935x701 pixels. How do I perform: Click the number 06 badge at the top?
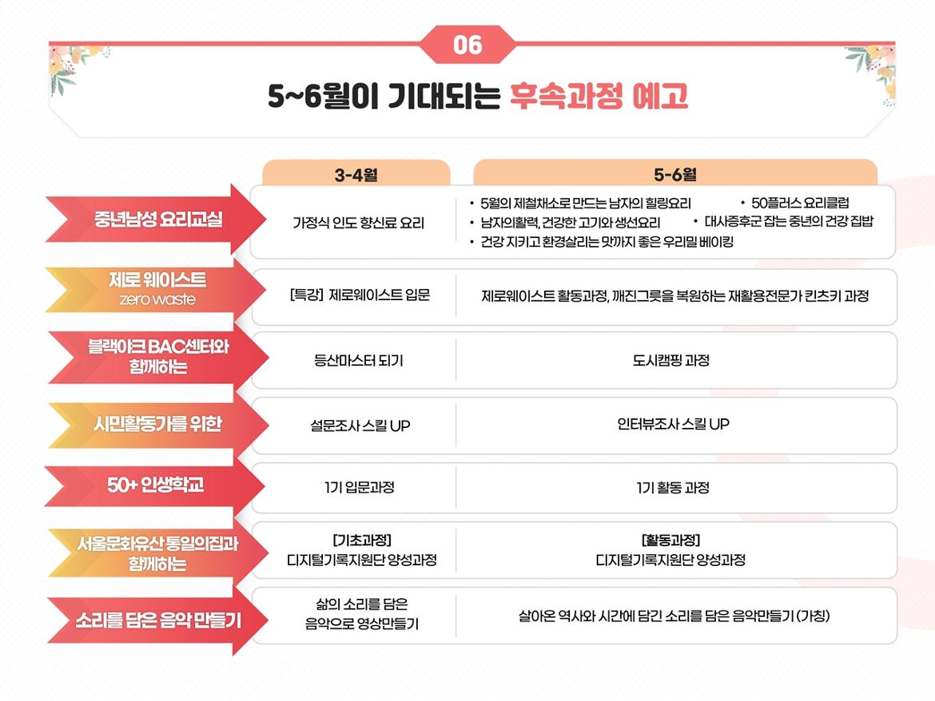(467, 45)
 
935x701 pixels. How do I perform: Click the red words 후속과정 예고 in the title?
(599, 96)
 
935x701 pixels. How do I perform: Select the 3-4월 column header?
(356, 175)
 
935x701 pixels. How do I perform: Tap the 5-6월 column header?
(675, 175)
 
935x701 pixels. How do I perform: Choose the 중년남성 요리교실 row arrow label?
(156, 220)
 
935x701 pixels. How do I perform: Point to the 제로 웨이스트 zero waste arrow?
(156, 290)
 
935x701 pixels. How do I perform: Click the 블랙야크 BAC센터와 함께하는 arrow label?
(158, 357)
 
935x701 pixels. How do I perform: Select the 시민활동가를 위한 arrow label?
(158, 424)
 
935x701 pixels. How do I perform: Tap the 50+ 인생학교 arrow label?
(155, 485)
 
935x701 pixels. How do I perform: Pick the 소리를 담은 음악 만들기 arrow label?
(158, 620)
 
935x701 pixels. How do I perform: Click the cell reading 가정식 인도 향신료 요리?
(358, 223)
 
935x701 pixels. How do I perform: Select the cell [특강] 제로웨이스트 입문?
(360, 295)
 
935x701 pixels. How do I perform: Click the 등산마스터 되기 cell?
(358, 360)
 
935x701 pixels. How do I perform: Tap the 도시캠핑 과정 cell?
(670, 360)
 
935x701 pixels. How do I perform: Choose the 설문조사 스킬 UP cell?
(360, 426)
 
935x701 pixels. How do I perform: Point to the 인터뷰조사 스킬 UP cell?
(673, 424)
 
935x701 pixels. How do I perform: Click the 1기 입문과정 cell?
(360, 487)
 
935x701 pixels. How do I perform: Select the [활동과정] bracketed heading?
(670, 541)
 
